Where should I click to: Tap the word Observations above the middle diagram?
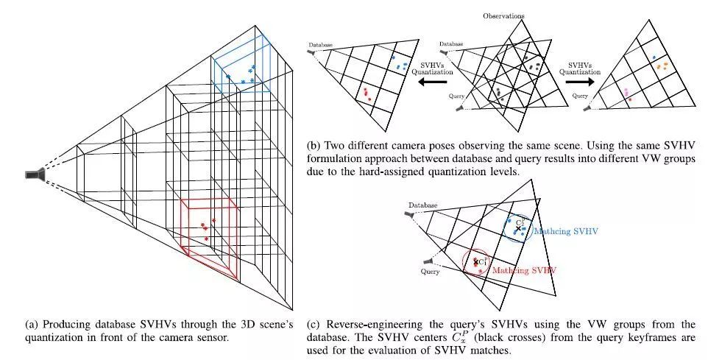[503, 15]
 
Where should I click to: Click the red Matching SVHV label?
[523, 270]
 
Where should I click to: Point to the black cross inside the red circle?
[475, 261]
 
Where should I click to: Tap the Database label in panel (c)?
[423, 205]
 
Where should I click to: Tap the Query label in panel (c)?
[431, 272]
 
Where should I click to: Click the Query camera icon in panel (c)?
[428, 261]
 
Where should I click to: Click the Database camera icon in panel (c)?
[408, 214]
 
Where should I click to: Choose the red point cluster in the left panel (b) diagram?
[366, 93]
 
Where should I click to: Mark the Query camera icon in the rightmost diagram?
[589, 108]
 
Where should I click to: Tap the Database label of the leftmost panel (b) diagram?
[321, 44]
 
